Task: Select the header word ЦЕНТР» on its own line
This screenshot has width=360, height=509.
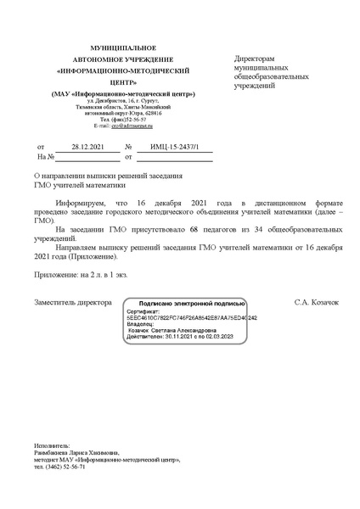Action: [x=123, y=83]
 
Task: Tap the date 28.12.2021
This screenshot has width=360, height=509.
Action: [x=87, y=148]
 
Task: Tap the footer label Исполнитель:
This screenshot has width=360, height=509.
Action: [x=52, y=445]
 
